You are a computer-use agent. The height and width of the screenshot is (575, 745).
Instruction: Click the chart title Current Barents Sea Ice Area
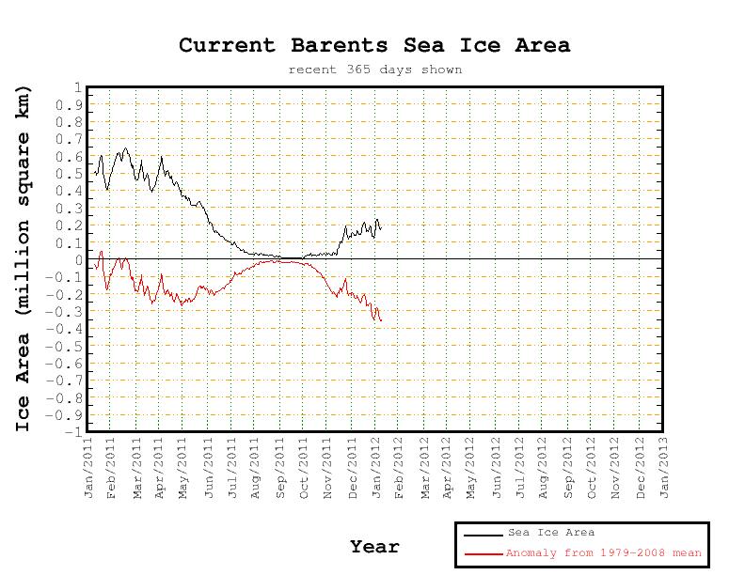point(374,45)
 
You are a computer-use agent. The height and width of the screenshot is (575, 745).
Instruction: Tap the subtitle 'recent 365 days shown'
point(374,70)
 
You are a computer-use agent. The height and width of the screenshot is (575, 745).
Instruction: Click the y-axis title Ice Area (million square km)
point(24,258)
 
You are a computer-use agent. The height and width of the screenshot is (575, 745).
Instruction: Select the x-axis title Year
point(374,546)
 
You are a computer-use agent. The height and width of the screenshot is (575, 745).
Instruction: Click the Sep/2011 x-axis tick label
point(280,467)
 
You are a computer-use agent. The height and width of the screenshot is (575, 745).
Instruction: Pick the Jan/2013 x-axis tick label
point(664,467)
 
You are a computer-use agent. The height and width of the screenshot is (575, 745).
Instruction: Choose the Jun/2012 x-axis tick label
point(497,467)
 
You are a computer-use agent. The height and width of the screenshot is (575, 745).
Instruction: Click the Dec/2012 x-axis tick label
point(641,467)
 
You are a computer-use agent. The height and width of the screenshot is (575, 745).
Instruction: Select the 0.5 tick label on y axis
point(69,174)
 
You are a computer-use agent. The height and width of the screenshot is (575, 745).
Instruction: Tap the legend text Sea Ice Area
point(551,533)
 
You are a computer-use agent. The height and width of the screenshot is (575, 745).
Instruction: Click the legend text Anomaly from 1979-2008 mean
point(605,553)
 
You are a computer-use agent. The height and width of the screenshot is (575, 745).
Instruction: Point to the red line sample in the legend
point(483,553)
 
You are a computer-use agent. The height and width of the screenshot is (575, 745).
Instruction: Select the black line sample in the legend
point(483,534)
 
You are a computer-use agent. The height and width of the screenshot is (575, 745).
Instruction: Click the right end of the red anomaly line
point(381,321)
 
